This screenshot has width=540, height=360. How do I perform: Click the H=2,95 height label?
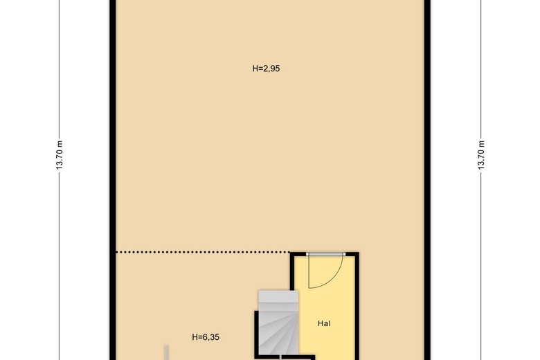[266, 69]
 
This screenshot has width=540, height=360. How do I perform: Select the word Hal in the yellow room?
[324, 323]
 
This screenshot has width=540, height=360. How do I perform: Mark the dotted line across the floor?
[201, 252]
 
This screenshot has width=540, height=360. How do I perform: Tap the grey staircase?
[277, 325]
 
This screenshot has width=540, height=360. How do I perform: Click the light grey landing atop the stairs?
[278, 300]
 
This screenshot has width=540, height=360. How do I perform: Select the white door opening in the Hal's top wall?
[325, 254]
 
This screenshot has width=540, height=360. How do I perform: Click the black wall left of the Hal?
[292, 277]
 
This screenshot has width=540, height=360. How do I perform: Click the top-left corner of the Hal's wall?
[292, 254]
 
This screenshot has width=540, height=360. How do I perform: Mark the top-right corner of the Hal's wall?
[357, 254]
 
